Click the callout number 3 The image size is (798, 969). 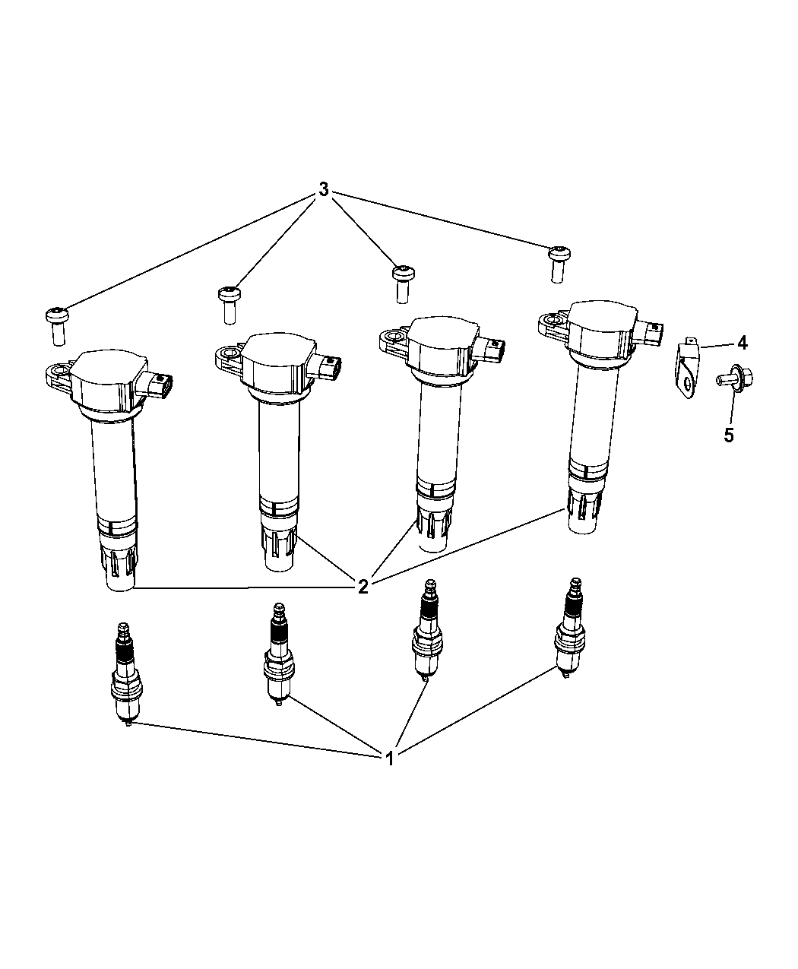(324, 189)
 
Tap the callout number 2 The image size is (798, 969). (363, 587)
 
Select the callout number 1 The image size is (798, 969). (390, 758)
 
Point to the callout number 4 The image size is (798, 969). (743, 343)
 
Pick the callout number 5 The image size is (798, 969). (729, 435)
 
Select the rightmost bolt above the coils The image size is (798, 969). (559, 264)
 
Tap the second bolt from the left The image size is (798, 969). (230, 305)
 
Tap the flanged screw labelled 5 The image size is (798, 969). (734, 378)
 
